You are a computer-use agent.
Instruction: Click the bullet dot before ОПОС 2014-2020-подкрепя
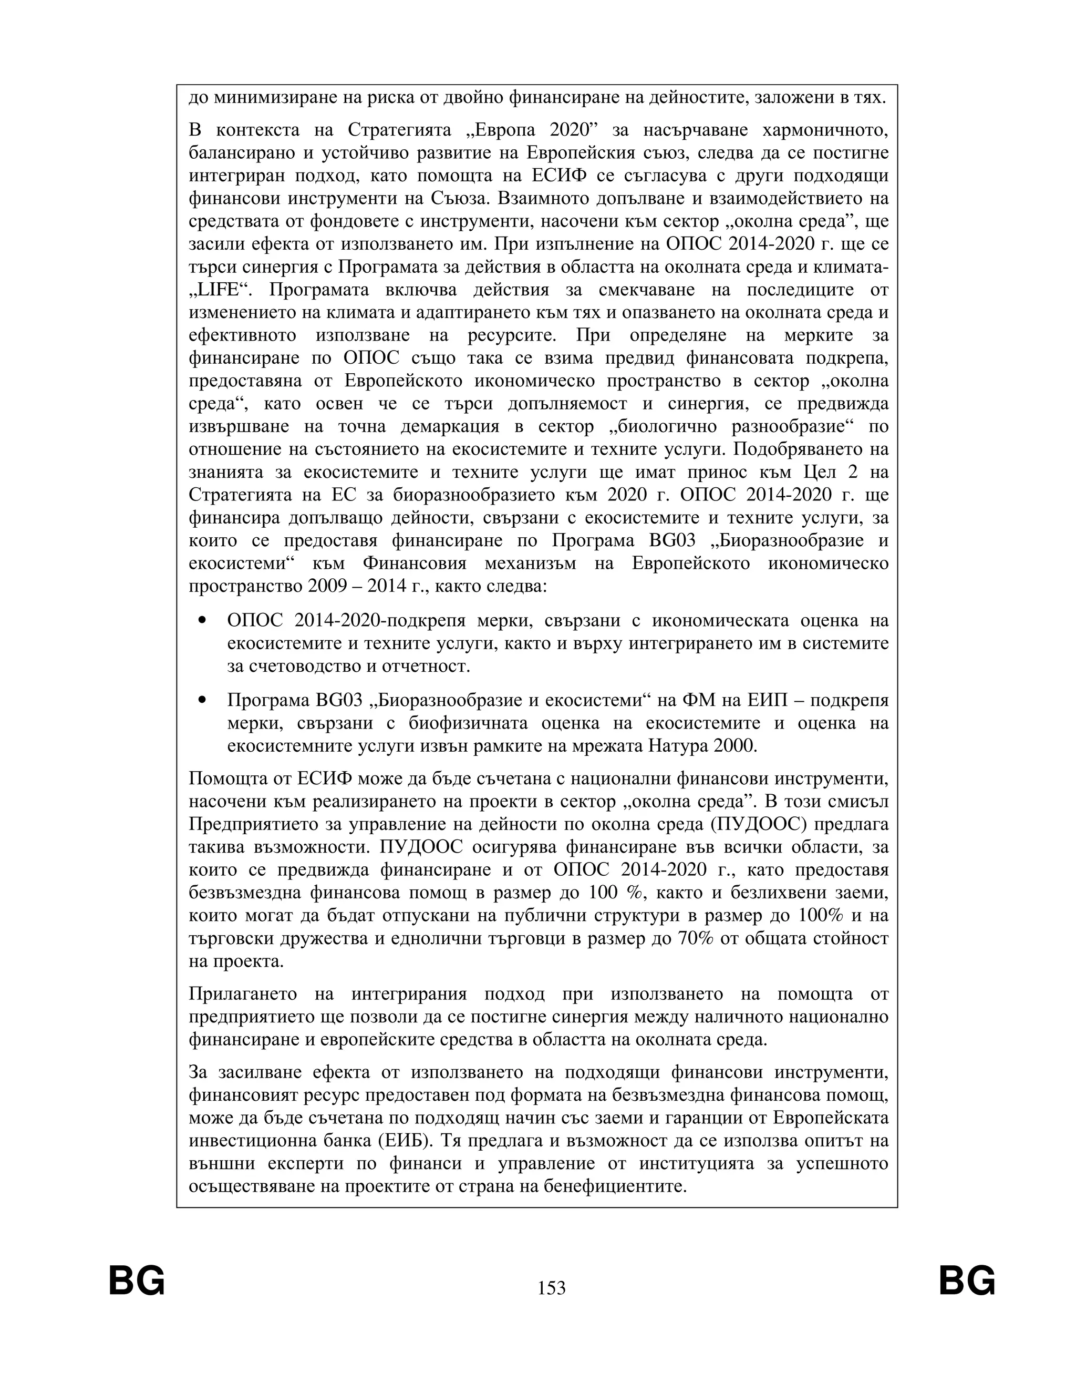[x=203, y=620]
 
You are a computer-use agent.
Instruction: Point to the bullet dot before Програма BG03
[x=203, y=700]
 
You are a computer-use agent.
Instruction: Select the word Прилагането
[x=243, y=993]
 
